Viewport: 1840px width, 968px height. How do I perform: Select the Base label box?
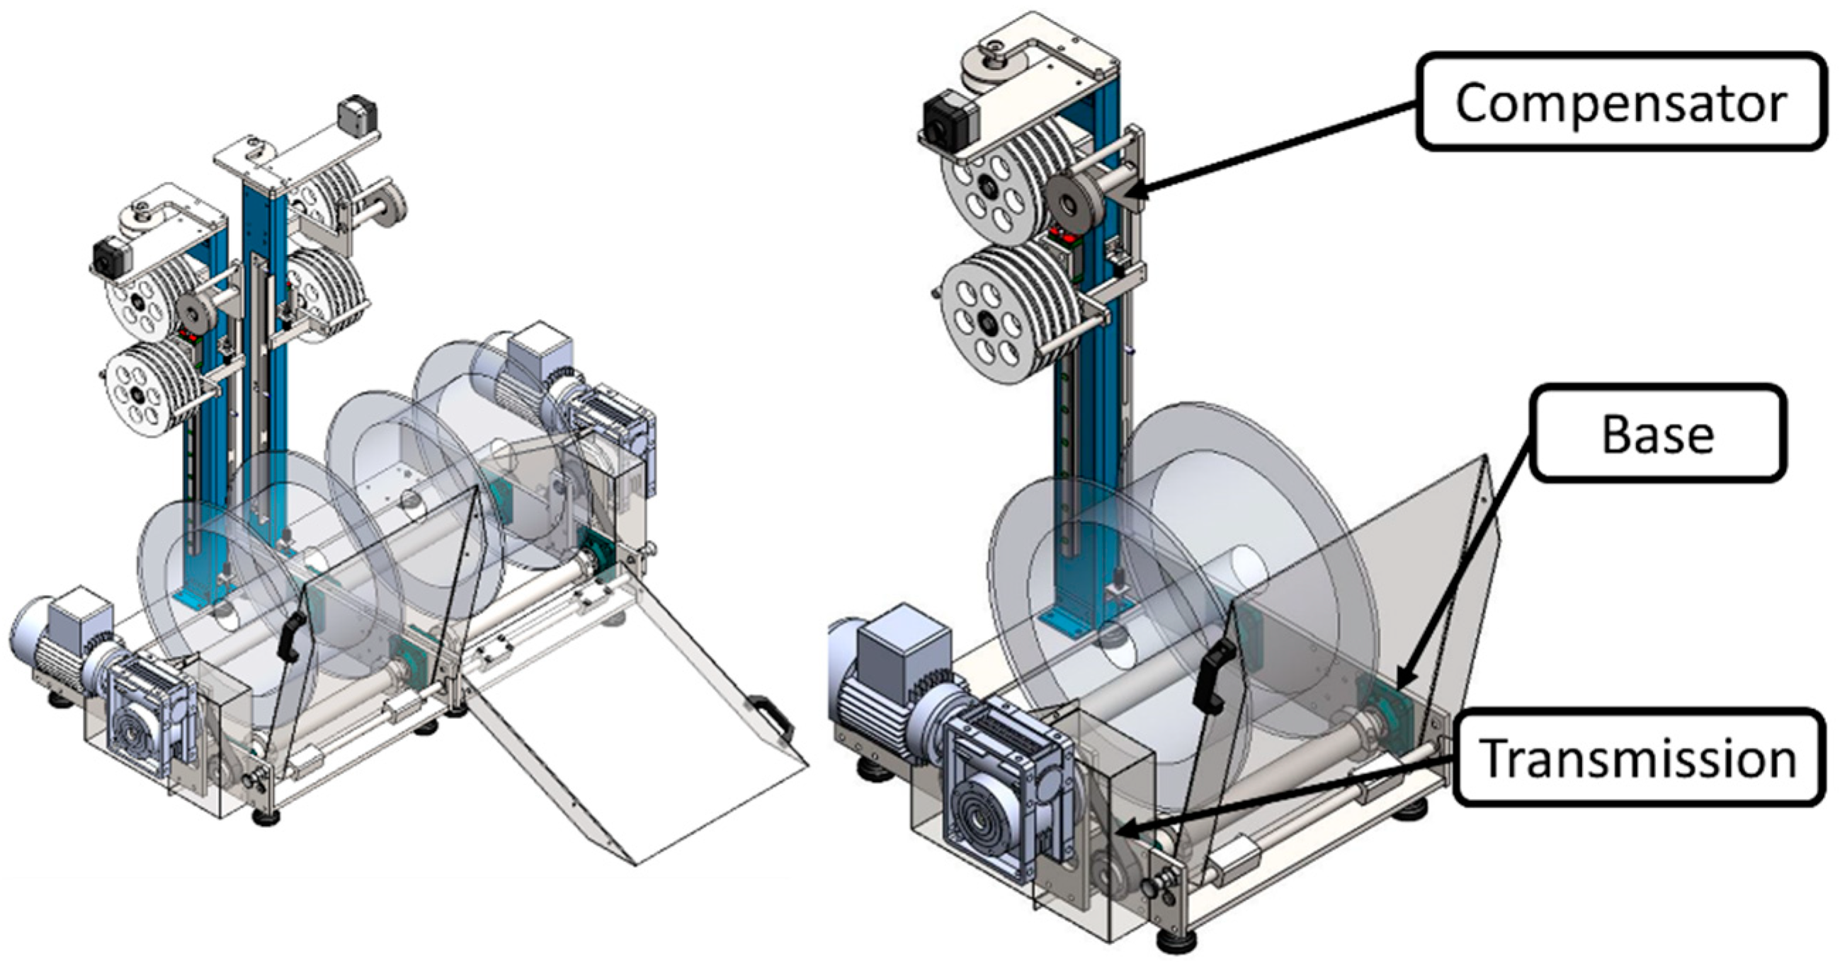(x=1657, y=433)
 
